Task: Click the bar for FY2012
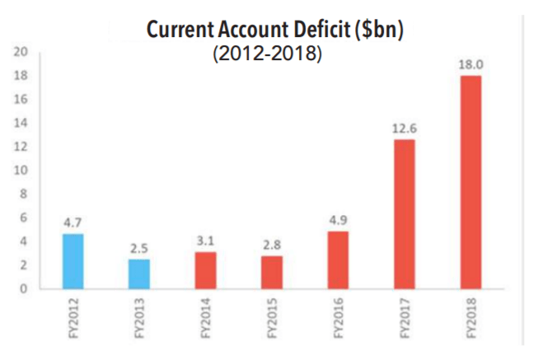click(73, 261)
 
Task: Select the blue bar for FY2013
click(139, 274)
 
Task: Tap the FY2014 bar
click(205, 270)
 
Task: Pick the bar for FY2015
click(271, 272)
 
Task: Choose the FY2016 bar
click(338, 259)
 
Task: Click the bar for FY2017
click(404, 214)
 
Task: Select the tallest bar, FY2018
click(470, 182)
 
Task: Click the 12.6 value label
click(404, 129)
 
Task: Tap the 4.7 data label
click(73, 222)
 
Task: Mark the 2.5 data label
click(139, 248)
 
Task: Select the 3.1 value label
click(205, 241)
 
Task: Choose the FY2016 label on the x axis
click(338, 319)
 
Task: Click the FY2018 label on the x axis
click(470, 319)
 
